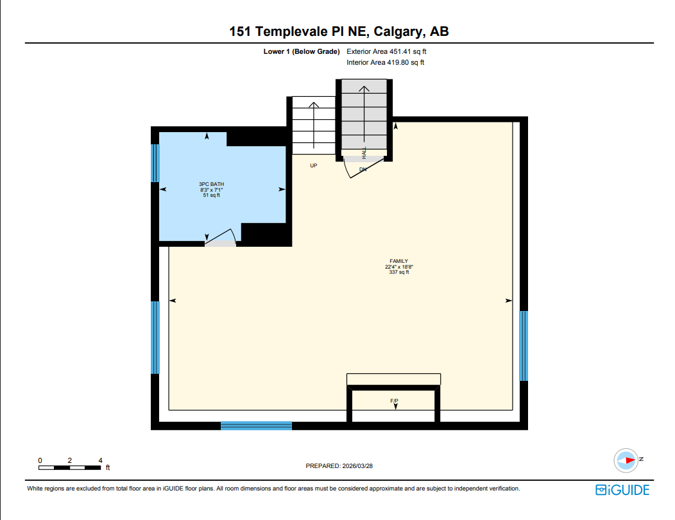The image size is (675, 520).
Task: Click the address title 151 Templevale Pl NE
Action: pos(339,32)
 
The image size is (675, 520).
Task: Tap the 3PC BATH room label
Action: pos(211,190)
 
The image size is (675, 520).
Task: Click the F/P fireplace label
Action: pos(394,401)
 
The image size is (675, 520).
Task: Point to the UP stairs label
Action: pos(314,165)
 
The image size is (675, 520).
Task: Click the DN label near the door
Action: pos(363,169)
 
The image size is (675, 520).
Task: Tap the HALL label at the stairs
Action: pos(364,153)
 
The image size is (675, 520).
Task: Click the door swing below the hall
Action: pos(355,168)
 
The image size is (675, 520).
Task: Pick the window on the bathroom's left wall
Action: pos(155,163)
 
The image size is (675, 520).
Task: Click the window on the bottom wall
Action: pos(256,426)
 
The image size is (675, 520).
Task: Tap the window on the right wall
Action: pos(524,346)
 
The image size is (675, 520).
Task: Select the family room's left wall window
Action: pos(155,337)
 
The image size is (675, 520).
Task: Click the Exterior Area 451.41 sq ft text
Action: pos(386,51)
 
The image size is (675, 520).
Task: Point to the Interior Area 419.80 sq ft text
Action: pos(385,63)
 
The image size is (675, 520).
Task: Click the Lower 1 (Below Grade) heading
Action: pos(301,51)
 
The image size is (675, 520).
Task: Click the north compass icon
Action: pos(626,460)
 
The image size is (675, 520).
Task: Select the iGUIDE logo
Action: pos(622,491)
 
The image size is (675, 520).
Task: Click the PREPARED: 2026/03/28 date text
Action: pos(339,467)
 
